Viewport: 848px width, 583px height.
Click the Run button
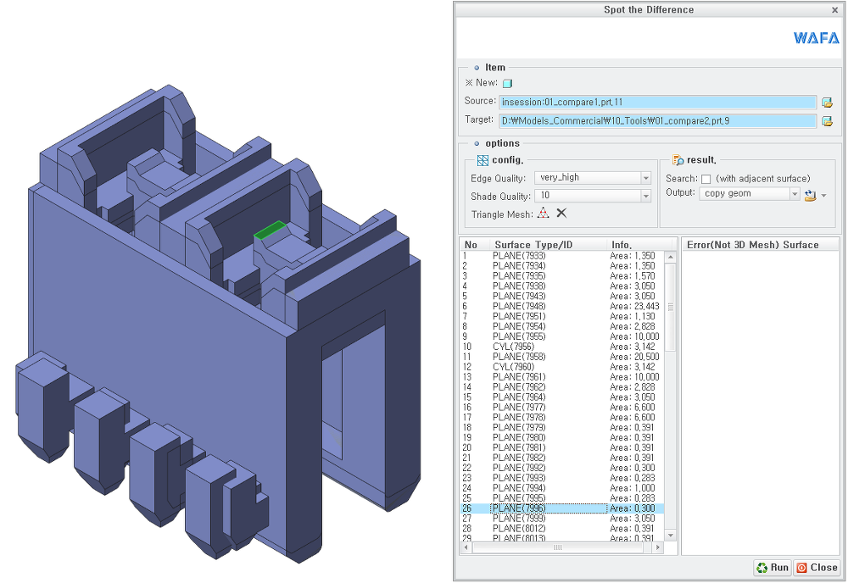773,568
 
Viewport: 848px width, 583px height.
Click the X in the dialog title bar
835,9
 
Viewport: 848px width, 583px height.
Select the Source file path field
657,102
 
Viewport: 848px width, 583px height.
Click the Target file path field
657,120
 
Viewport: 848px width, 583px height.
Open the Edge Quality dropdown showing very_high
592,178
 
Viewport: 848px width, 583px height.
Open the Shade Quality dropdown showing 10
592,196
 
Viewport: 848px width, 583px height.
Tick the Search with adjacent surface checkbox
706,179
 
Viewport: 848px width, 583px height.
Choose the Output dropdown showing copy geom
749,193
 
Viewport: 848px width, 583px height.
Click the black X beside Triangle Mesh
561,213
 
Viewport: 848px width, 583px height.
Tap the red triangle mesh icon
543,214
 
